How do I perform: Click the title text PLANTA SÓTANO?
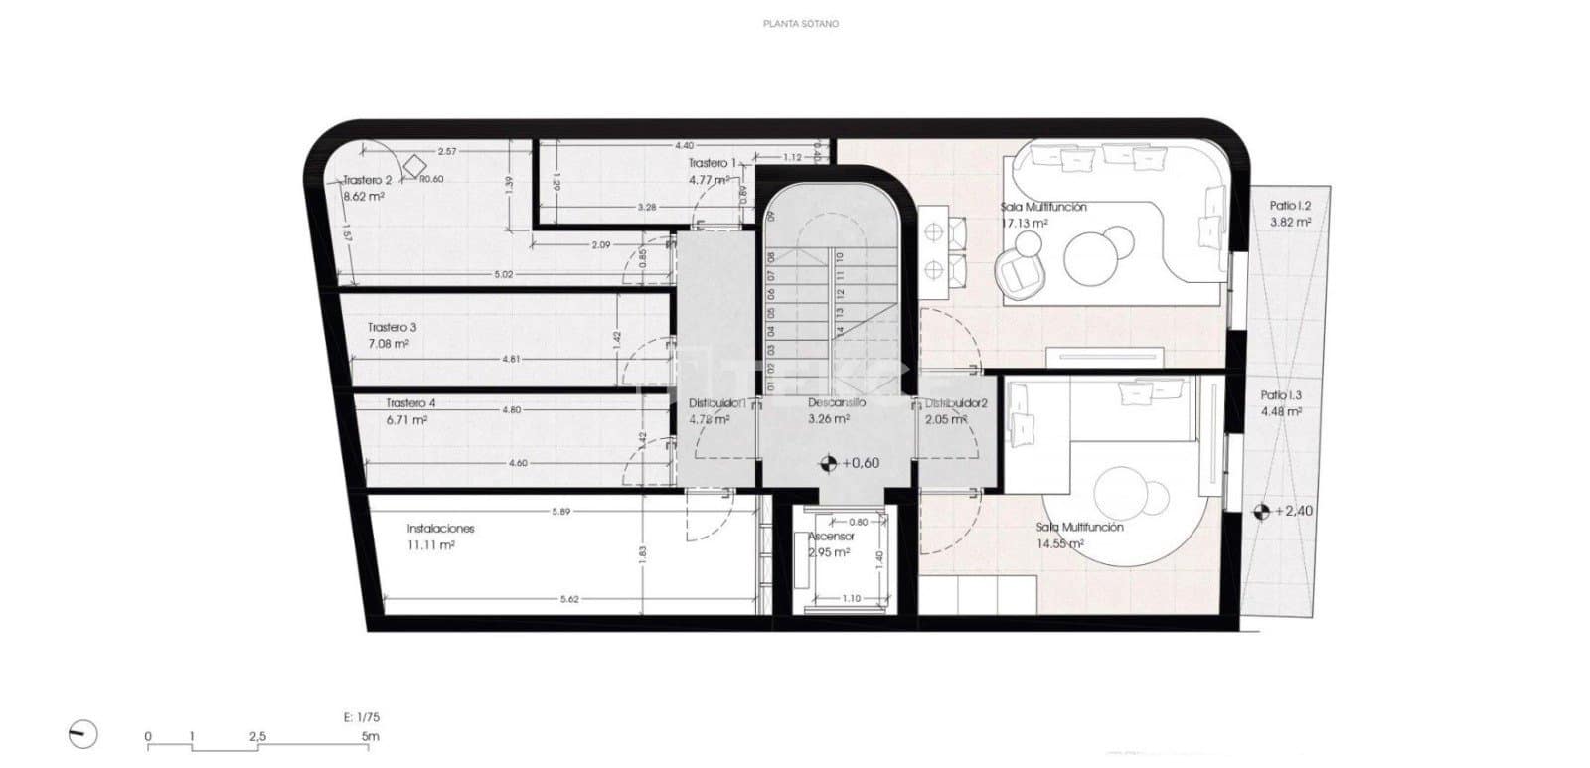(x=800, y=23)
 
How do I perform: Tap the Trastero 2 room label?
(x=367, y=181)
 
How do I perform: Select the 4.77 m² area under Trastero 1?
(x=709, y=180)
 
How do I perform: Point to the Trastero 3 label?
(x=392, y=327)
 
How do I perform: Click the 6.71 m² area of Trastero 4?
(x=406, y=420)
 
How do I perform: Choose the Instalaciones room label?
(x=440, y=529)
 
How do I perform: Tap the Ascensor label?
(x=831, y=537)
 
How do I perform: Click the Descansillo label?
(x=836, y=403)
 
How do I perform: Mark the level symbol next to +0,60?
(x=827, y=463)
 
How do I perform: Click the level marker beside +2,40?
(x=1261, y=512)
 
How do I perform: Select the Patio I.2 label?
(x=1290, y=206)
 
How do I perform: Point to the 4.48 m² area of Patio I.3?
(x=1281, y=411)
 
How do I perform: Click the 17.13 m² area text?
(x=1024, y=224)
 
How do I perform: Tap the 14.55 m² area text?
(x=1059, y=544)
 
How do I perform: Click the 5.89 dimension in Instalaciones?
(x=561, y=512)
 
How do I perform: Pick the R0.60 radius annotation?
(x=431, y=180)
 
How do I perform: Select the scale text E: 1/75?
(x=355, y=716)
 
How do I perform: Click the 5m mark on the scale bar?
(x=370, y=737)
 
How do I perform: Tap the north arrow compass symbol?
(x=83, y=735)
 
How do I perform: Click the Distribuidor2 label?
(x=955, y=403)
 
